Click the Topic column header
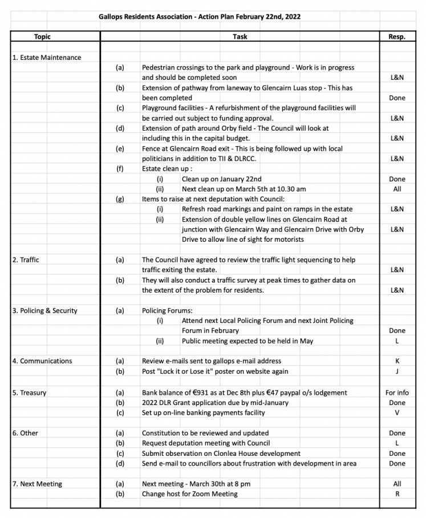click(42, 37)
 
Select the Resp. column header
click(397, 37)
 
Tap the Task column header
click(240, 37)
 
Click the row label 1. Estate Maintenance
click(47, 58)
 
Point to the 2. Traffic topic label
click(26, 260)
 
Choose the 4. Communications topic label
click(42, 361)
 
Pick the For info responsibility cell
click(397, 392)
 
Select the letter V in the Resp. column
click(397, 412)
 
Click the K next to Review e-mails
click(397, 361)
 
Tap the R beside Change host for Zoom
click(397, 493)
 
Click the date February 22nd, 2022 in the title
click(265, 17)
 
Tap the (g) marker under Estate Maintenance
click(120, 199)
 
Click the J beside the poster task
click(397, 371)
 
